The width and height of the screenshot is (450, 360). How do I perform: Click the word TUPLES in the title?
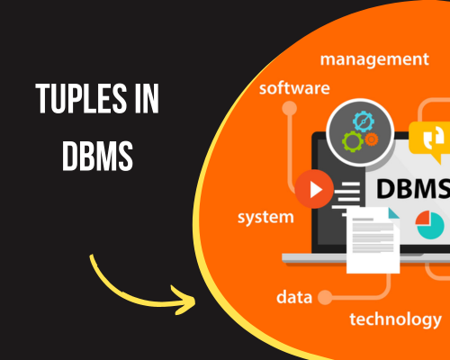(x=81, y=99)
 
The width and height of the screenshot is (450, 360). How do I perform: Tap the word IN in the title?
(x=147, y=99)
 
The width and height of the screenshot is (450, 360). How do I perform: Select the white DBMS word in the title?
(x=97, y=157)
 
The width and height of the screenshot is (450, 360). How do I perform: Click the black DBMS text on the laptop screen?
(x=413, y=189)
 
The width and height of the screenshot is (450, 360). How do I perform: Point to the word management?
(x=374, y=59)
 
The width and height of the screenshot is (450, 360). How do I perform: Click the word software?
(x=294, y=88)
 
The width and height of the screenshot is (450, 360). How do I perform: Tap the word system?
(x=265, y=217)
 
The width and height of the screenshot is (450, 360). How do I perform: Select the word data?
(x=294, y=297)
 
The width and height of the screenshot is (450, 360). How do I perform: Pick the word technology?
(x=395, y=319)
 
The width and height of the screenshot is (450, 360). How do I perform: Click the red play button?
(x=314, y=189)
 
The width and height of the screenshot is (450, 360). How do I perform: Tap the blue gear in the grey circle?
(x=364, y=121)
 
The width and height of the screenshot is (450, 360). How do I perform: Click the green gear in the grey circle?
(x=353, y=141)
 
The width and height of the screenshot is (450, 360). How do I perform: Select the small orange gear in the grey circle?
(x=372, y=139)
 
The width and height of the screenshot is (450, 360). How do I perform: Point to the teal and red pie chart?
(x=429, y=225)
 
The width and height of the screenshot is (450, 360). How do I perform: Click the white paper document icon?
(x=373, y=240)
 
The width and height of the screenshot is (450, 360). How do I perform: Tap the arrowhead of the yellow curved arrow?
(x=184, y=300)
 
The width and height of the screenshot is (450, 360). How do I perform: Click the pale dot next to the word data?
(x=325, y=297)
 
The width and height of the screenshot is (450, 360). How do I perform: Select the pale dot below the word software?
(x=290, y=108)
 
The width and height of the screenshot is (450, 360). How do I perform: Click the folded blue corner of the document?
(x=393, y=212)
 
